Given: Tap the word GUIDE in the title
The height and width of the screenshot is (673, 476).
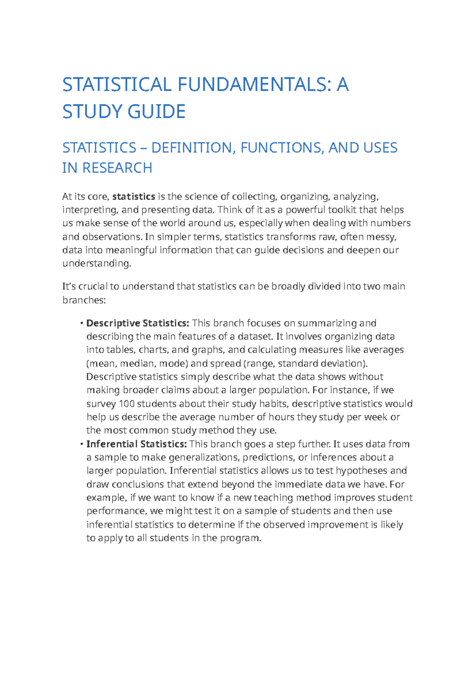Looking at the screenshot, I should (157, 112).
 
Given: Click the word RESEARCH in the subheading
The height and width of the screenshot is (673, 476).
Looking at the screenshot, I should (117, 168).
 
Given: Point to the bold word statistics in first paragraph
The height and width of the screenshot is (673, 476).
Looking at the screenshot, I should (134, 197).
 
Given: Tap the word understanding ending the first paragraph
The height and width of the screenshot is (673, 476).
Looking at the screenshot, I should (96, 263).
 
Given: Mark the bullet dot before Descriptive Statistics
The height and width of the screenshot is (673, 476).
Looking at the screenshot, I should (81, 323).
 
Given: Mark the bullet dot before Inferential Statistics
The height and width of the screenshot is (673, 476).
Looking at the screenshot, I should (81, 444).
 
